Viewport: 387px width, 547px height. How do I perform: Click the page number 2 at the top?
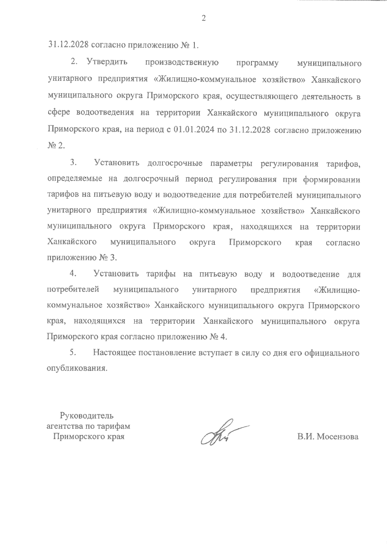pos(203,19)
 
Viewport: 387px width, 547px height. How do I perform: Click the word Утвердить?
pos(107,62)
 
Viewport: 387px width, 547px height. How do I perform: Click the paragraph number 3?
pos(73,163)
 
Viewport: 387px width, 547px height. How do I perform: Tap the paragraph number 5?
pos(73,353)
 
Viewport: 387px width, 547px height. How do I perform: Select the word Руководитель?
pos(87,416)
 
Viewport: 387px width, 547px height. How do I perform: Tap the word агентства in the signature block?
pos(62,426)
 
